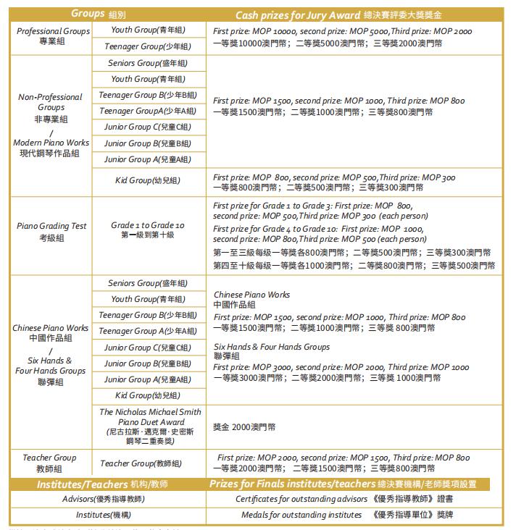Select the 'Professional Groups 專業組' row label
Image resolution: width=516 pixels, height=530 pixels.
click(x=53, y=36)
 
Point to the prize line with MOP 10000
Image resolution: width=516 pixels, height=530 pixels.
click(x=342, y=32)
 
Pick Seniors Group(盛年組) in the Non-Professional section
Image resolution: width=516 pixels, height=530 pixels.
click(x=148, y=63)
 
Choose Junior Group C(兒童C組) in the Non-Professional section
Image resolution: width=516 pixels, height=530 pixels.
click(x=148, y=127)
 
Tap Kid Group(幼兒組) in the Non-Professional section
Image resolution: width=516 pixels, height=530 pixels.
click(x=148, y=180)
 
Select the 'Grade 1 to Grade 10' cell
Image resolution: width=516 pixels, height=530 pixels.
click(x=148, y=230)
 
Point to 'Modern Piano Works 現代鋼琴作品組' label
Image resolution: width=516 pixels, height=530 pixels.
click(x=51, y=148)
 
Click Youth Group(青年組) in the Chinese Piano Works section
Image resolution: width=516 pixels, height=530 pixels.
click(x=148, y=299)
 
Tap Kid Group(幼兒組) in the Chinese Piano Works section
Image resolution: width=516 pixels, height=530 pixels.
click(x=148, y=395)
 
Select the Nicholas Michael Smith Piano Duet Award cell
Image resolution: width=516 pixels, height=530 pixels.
click(x=148, y=426)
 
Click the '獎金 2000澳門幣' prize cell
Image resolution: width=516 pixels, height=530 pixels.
click(x=244, y=427)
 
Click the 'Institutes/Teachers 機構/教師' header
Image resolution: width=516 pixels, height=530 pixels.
click(x=102, y=484)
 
